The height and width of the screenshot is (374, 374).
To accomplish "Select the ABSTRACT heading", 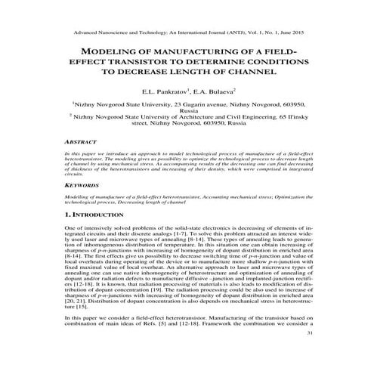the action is point(81,141).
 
